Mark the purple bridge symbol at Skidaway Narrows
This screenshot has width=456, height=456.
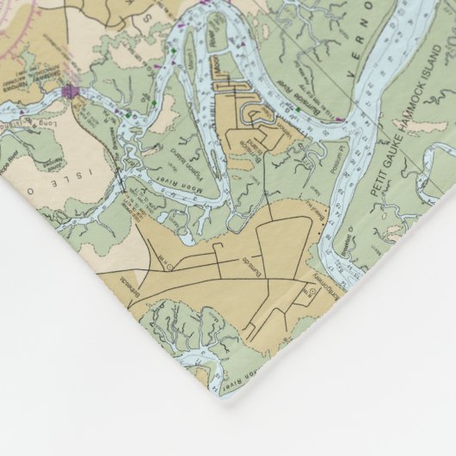[x=69, y=89]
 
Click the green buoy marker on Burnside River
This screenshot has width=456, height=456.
[x=153, y=104]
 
